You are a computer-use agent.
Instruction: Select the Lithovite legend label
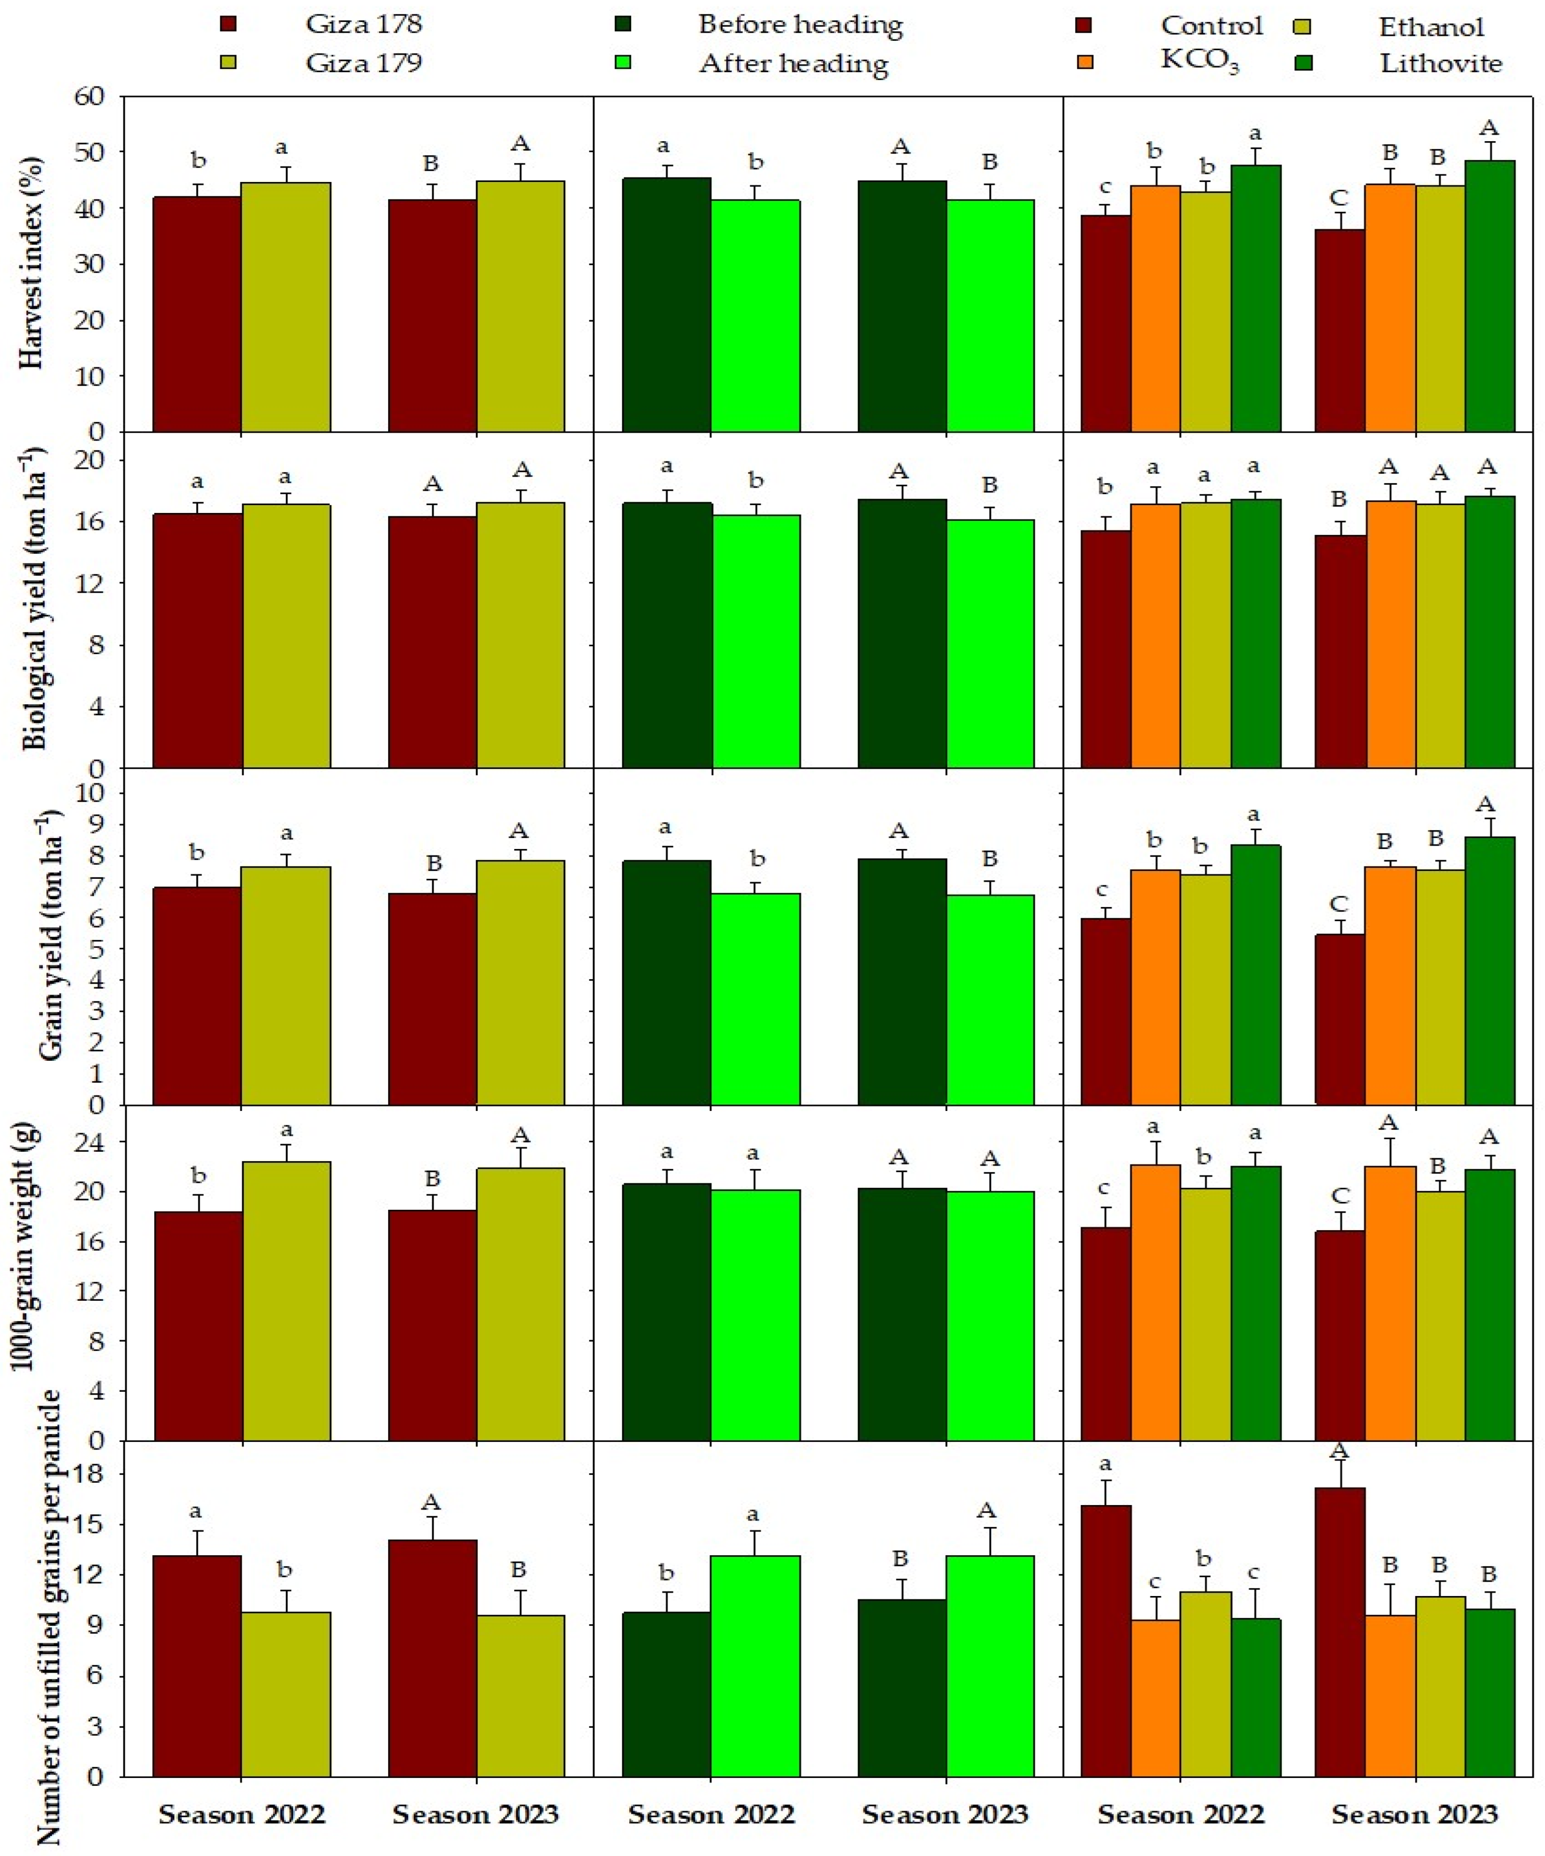click(1441, 64)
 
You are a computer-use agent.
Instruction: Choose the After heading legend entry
click(793, 64)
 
